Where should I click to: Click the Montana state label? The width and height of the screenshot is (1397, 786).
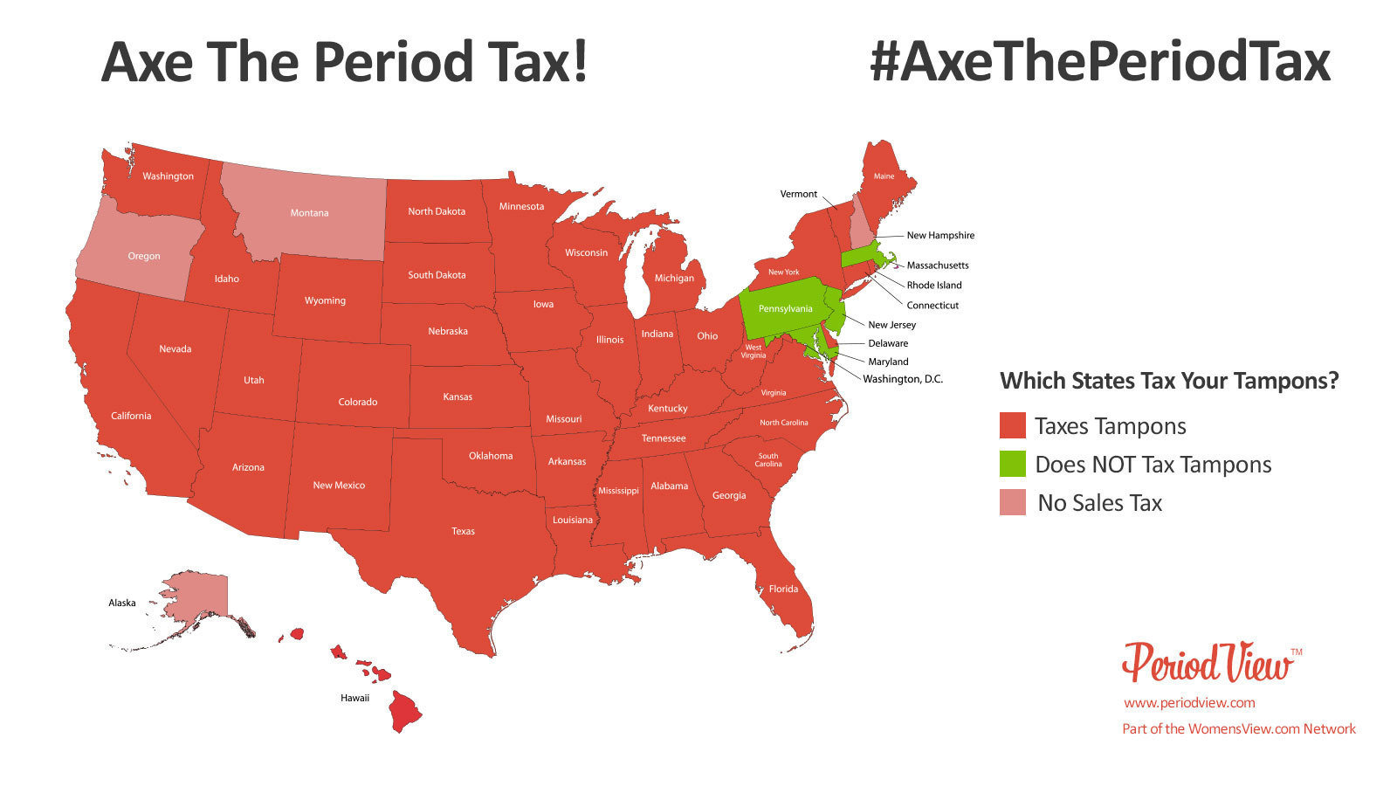point(309,213)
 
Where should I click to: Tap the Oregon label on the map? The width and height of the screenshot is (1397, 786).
point(144,256)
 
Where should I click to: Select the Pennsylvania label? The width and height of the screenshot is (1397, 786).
point(785,308)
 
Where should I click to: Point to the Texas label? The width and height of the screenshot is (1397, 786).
point(463,531)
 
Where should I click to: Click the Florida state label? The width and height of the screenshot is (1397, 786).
point(783,589)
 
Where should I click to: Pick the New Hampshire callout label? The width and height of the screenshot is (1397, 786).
point(940,235)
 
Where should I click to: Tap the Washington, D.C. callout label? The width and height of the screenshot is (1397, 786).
point(903,379)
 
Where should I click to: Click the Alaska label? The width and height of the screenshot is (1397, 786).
point(122,603)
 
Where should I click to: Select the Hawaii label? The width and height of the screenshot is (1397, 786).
point(354,698)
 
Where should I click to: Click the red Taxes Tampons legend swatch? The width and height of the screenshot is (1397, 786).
point(1012,426)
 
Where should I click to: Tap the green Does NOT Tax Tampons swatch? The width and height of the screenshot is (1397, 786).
point(1012,465)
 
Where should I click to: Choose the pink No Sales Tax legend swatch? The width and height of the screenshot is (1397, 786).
point(1012,503)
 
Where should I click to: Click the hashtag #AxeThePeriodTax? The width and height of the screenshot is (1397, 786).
point(1099,63)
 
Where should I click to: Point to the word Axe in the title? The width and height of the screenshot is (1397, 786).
point(147,63)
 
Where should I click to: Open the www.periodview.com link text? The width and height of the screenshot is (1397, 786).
point(1189,702)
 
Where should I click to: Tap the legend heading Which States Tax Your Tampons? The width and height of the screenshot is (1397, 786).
point(1169,381)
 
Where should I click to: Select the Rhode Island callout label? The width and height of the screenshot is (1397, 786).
point(934,285)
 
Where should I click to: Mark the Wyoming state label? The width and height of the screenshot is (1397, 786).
point(325,300)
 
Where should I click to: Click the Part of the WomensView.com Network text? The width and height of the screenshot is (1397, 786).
point(1239,728)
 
